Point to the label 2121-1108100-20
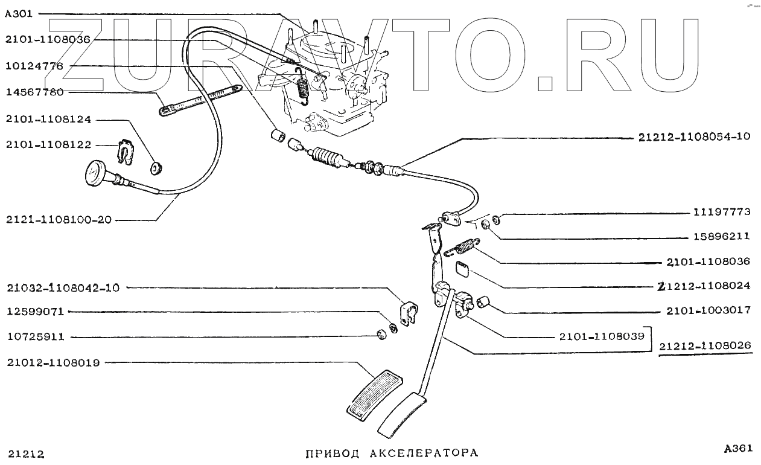coord(59,220)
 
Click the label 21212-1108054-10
coord(693,137)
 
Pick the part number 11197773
coord(721,212)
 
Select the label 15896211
coord(721,237)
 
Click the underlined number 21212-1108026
coord(705,346)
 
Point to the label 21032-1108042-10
coord(63,287)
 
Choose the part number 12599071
coord(35,312)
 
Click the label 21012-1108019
coord(53,362)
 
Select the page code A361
coord(738,448)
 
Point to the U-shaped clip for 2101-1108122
coord(124,151)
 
